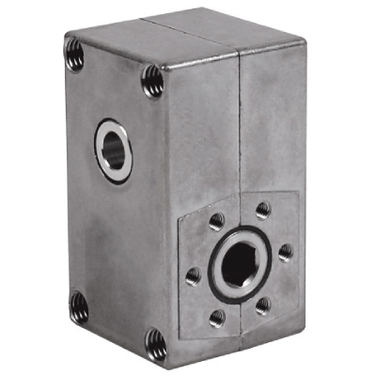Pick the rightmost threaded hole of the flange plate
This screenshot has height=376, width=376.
(x=285, y=251)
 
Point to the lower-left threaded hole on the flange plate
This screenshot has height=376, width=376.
(x=216, y=318)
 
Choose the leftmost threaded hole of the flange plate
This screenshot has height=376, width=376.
(x=193, y=274)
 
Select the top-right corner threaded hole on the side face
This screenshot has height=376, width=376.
(x=151, y=83)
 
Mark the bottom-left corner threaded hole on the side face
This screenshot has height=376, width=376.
(x=79, y=305)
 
